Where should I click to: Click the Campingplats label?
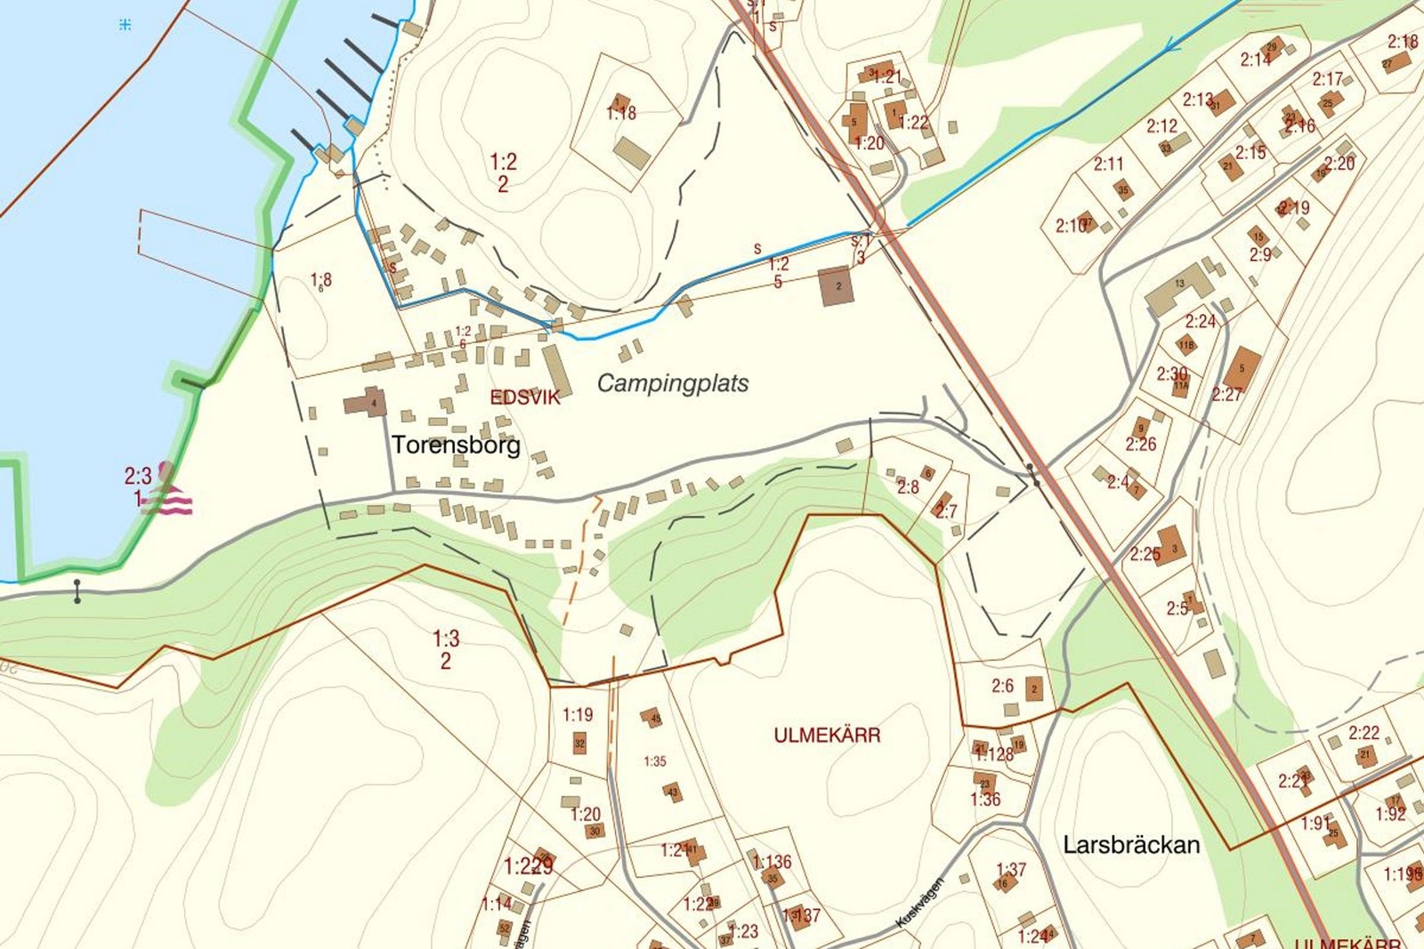point(672,383)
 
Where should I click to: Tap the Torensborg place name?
point(456,445)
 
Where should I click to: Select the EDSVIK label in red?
point(525,398)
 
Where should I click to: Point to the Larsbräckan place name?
point(1131,845)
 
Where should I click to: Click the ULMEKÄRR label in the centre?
point(827,736)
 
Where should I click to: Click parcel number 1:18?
point(621,113)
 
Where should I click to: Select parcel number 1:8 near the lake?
point(321,280)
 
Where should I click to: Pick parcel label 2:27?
point(1226,394)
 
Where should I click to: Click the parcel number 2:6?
point(1002,686)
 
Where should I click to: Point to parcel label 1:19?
point(577,714)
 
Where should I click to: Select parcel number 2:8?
point(908,487)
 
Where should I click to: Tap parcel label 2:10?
point(1071,226)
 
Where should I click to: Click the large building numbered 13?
point(1177,288)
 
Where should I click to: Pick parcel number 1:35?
point(655,761)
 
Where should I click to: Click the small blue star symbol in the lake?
point(125,25)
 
